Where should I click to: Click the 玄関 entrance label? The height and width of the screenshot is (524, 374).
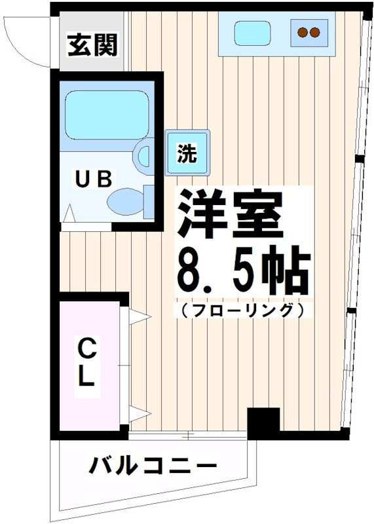coord(92,45)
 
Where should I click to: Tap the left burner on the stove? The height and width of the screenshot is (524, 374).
coord(303,31)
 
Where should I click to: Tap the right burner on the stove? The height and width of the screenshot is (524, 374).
coord(315,31)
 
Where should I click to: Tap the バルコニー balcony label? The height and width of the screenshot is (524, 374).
coord(153,468)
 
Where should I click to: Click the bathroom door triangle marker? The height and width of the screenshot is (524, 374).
coord(70,213)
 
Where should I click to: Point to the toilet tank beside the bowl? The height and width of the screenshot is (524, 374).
coord(149,202)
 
